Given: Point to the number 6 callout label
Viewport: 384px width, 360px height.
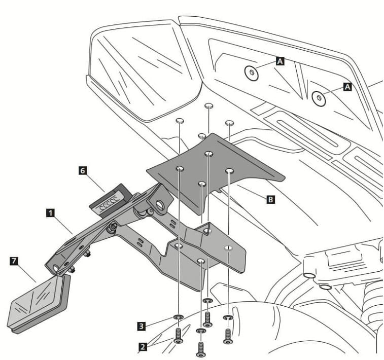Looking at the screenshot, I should pos(83,171).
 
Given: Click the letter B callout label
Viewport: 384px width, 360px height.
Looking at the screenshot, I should pos(271,200).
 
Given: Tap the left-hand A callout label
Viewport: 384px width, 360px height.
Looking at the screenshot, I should pos(280,61).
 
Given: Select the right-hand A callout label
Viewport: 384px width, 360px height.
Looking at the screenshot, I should pos(347,87).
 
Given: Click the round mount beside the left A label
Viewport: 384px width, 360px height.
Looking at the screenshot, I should pos(251,73).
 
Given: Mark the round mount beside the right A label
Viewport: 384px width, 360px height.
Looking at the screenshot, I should pos(318,97).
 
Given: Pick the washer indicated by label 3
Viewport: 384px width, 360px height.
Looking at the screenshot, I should pos(178,318).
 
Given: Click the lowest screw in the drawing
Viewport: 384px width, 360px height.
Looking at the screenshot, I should pos(201,347).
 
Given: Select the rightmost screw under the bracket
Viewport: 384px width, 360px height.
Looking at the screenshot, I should pos(228,335).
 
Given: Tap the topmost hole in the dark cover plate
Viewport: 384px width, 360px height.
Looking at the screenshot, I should pos(208,153).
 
